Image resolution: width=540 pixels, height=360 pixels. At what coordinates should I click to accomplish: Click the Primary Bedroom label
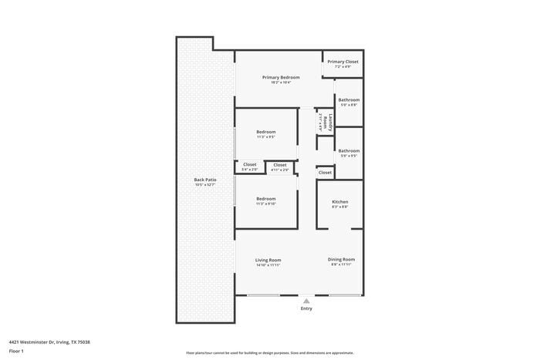click(x=281, y=77)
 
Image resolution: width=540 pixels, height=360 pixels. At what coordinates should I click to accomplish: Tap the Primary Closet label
click(x=343, y=62)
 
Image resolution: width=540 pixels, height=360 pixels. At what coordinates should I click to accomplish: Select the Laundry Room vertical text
click(x=330, y=123)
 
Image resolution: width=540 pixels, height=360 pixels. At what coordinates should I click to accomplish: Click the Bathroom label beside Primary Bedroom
click(x=348, y=100)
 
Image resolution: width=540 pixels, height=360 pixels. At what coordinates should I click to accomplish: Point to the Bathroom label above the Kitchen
click(x=348, y=151)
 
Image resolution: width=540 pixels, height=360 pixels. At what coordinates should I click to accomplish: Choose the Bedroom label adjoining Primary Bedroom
click(x=265, y=132)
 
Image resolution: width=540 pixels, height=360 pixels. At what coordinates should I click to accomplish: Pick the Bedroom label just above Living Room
click(x=265, y=199)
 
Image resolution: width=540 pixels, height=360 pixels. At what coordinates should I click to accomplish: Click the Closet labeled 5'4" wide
click(x=250, y=164)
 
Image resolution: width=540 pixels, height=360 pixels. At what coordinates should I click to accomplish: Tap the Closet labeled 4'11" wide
click(x=279, y=164)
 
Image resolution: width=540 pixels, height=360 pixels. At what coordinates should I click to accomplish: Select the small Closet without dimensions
click(x=325, y=173)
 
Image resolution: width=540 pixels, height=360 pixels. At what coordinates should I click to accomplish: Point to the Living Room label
click(x=268, y=260)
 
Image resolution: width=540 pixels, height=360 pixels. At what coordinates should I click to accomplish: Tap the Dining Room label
click(x=341, y=259)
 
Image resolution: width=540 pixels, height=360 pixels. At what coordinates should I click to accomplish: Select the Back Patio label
click(x=204, y=180)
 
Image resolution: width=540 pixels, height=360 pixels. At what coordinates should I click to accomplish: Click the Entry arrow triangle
click(x=306, y=301)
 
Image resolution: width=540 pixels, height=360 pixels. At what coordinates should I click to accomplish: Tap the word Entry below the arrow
click(x=306, y=309)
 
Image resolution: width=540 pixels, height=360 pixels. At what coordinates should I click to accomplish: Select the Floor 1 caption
click(x=16, y=351)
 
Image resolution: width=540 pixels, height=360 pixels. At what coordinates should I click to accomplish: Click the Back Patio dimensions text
click(x=204, y=185)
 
